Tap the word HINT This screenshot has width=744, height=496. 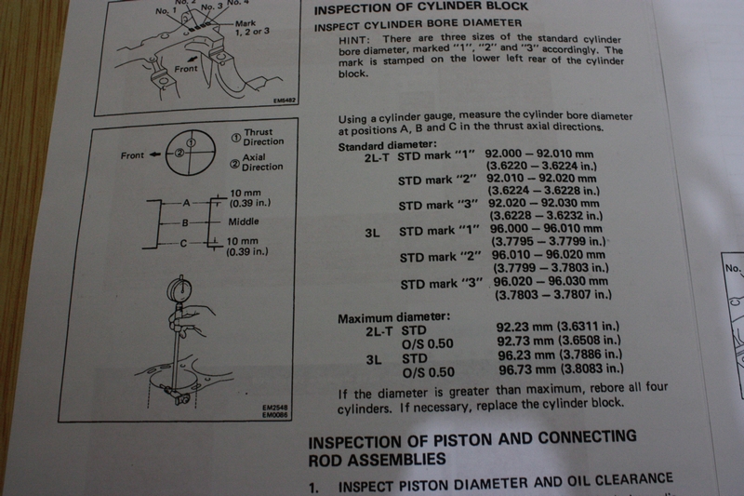(x=354, y=40)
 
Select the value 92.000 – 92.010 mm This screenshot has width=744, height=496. (x=539, y=154)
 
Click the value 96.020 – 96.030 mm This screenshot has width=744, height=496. (x=551, y=281)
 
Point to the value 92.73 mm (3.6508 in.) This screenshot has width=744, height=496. (x=559, y=341)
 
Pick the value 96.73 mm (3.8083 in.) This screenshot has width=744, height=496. (x=561, y=369)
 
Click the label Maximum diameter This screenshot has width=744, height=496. (x=393, y=317)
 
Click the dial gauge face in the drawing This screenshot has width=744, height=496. (x=179, y=288)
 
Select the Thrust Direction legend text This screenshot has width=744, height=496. (x=263, y=137)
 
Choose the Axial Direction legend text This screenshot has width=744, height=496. (x=262, y=162)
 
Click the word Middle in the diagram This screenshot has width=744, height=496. (x=244, y=221)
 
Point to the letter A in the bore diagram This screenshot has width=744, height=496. (x=186, y=203)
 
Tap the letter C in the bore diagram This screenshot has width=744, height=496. (x=183, y=244)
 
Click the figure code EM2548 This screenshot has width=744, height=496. (x=274, y=408)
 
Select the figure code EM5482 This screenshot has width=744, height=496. (x=285, y=101)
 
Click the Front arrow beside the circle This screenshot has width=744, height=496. (x=154, y=154)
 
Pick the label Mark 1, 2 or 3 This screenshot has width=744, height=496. (x=252, y=27)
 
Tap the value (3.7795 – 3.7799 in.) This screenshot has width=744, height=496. (x=548, y=241)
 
